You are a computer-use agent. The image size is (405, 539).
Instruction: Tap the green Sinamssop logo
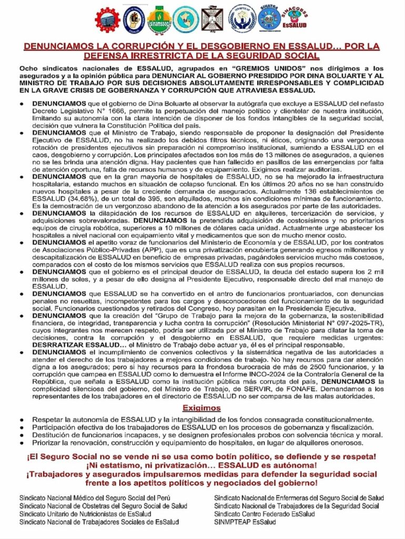click(158, 19)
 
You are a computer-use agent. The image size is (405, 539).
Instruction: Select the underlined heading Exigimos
click(202, 408)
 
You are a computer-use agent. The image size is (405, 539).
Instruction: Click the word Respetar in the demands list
click(48, 420)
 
